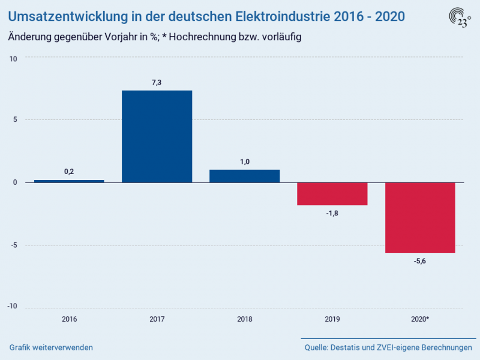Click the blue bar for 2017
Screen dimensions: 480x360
[157, 136]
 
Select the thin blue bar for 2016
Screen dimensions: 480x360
[69, 181]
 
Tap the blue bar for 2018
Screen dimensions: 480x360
[244, 176]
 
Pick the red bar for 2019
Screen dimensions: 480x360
[332, 194]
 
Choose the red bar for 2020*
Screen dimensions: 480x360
[419, 218]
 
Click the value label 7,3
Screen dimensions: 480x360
[157, 82]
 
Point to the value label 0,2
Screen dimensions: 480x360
[69, 172]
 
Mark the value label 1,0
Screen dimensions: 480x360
[244, 161]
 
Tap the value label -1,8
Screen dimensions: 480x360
[332, 214]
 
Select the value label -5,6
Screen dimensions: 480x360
[419, 262]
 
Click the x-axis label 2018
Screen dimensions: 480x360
[244, 319]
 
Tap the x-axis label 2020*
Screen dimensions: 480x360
[419, 319]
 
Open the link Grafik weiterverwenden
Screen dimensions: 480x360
[51, 348]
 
